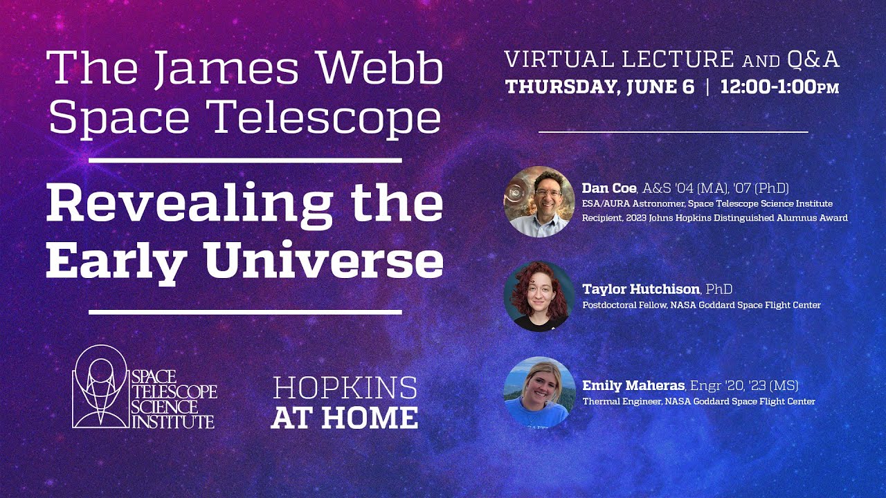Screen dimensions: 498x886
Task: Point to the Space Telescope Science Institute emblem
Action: tap(101, 387)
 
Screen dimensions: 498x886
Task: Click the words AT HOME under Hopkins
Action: tap(345, 417)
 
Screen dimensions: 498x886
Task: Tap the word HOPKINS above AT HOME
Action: tap(345, 388)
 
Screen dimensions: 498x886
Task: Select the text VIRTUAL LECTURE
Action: tap(620, 60)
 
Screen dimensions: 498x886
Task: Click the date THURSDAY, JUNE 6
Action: tap(599, 88)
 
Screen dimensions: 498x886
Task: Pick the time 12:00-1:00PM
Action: tap(779, 88)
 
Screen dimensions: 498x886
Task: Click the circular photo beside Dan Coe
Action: tap(539, 202)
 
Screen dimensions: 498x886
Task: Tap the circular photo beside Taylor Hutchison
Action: tap(539, 297)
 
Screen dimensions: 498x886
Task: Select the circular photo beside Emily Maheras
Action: tap(539, 392)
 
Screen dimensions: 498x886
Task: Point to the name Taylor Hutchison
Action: tap(640, 289)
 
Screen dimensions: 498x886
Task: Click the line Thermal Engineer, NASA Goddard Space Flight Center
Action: tap(698, 401)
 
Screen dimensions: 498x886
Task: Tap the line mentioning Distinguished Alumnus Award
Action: tap(714, 217)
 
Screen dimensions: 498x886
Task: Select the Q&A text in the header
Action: tap(813, 60)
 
